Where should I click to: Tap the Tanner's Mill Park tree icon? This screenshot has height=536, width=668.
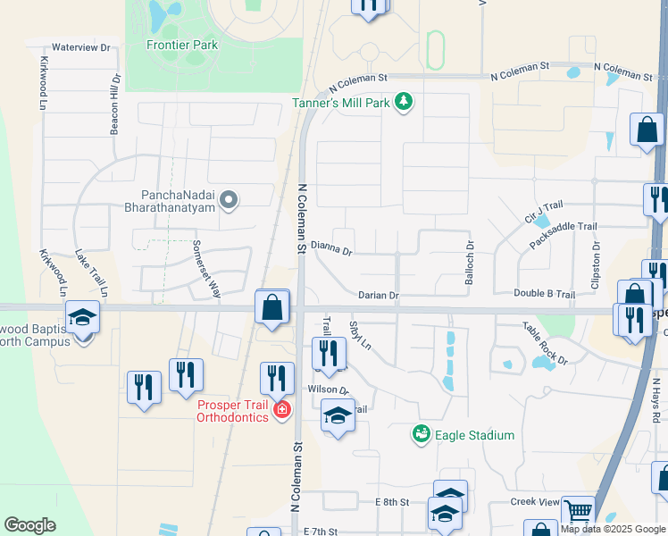tap(405, 103)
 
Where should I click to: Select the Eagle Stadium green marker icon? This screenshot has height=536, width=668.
tap(421, 434)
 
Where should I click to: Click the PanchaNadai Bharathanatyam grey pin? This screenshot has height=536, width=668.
tap(230, 201)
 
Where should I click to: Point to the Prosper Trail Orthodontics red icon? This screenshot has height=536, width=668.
tap(282, 409)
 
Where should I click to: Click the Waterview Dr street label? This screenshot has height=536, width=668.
tap(80, 46)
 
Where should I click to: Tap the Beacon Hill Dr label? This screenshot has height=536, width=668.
tap(114, 105)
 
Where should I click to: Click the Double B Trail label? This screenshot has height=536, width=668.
tap(544, 294)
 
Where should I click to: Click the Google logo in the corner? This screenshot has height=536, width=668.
tap(29, 525)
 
